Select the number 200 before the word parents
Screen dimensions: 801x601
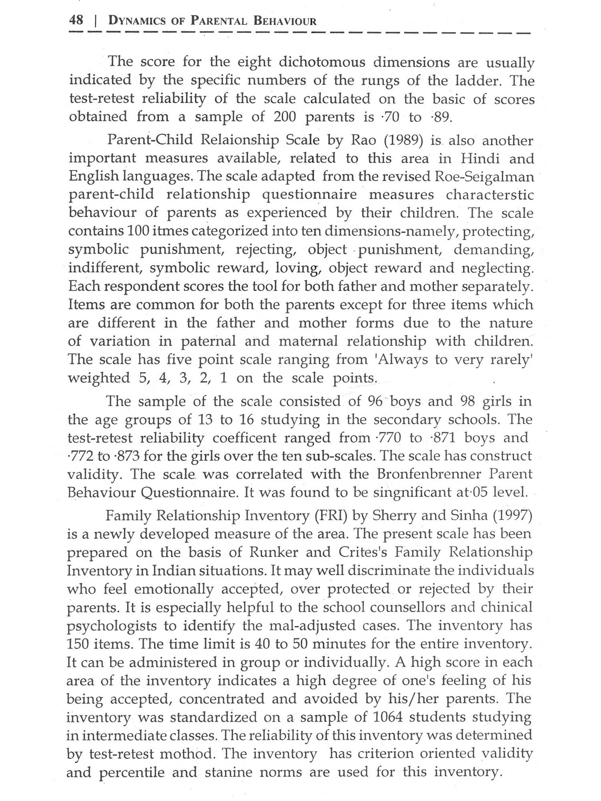[x=285, y=117]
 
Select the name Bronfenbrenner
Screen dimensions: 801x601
[x=430, y=474]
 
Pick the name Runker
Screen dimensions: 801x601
[x=274, y=552]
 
